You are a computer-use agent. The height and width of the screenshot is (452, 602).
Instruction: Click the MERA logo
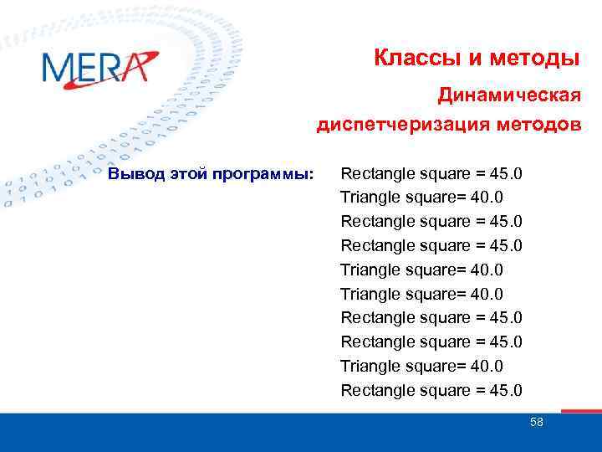pyautogui.click(x=99, y=67)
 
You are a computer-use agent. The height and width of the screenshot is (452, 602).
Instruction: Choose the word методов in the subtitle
pyautogui.click(x=537, y=126)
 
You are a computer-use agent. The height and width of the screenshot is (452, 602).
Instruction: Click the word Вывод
pyautogui.click(x=132, y=174)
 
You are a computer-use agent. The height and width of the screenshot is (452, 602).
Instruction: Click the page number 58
pyautogui.click(x=537, y=423)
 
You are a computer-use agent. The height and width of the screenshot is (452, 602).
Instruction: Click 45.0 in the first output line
pyautogui.click(x=505, y=174)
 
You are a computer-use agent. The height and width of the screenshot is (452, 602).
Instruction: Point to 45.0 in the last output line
pyautogui.click(x=505, y=390)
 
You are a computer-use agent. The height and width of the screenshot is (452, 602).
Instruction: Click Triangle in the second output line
pyautogui.click(x=370, y=198)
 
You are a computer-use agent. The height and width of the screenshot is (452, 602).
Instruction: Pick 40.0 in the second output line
pyautogui.click(x=487, y=198)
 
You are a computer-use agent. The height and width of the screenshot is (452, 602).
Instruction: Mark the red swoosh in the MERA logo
pyautogui.click(x=138, y=65)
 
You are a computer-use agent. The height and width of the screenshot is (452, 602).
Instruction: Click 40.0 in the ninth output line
pyautogui.click(x=487, y=366)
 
